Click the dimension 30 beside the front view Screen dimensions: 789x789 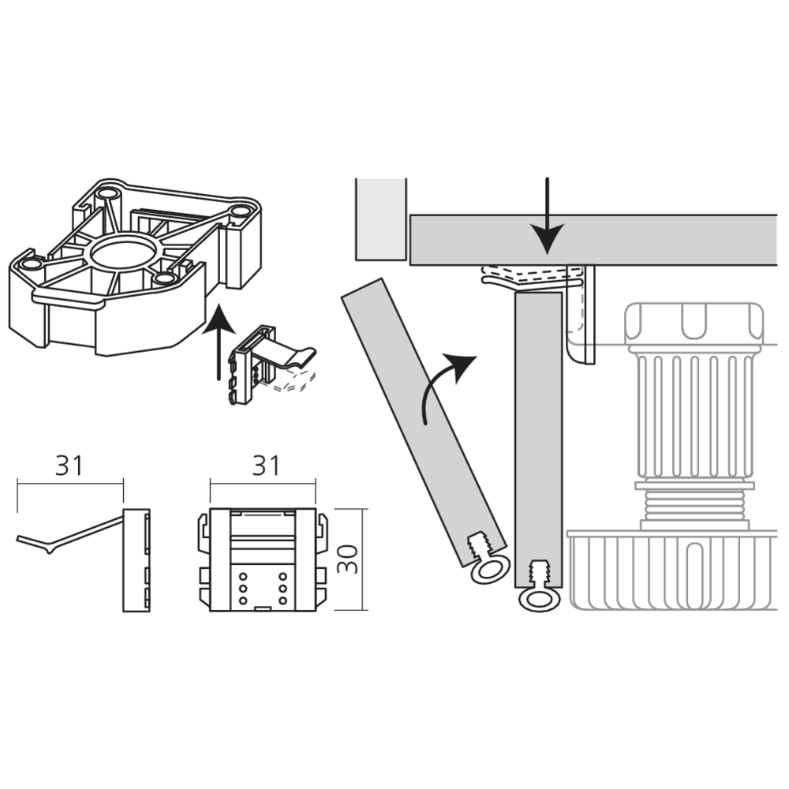347,559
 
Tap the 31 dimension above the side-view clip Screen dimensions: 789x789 69,466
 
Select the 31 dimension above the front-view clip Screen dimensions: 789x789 266,466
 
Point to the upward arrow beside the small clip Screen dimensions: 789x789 219,342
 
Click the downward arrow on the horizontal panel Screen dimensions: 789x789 548,216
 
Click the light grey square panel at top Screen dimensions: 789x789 381,219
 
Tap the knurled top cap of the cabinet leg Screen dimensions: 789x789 694,323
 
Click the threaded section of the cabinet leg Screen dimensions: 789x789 694,505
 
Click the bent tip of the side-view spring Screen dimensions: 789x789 48,549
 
